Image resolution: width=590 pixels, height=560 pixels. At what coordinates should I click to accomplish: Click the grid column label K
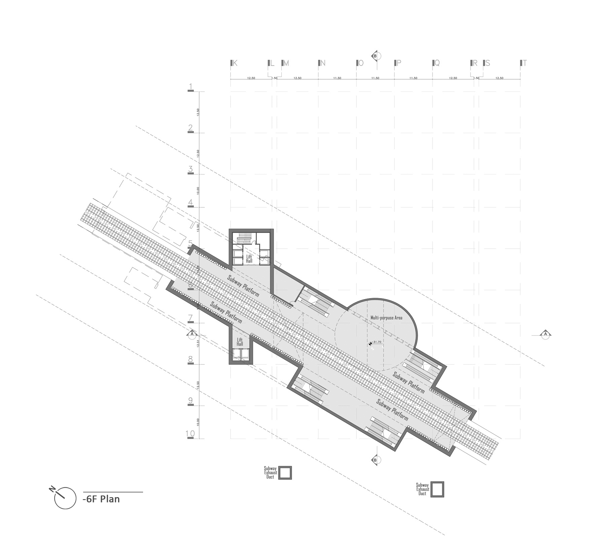235,63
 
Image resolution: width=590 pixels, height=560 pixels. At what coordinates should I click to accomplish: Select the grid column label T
524,63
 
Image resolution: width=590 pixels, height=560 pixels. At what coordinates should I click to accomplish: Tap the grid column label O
361,63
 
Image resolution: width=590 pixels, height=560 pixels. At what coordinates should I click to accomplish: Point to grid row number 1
191,87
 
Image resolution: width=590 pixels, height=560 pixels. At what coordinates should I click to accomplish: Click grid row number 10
190,434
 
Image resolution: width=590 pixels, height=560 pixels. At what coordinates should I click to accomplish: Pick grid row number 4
191,203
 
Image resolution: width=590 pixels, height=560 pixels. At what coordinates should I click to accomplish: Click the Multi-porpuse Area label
386,318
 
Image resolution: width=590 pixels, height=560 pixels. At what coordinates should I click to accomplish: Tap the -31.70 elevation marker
376,342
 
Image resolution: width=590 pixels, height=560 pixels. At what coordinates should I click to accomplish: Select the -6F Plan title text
101,499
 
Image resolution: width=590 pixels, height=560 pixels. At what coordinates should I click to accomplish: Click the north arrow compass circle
65,498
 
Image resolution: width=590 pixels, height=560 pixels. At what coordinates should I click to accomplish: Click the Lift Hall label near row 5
249,259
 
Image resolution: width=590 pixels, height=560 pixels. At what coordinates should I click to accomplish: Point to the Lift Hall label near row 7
240,342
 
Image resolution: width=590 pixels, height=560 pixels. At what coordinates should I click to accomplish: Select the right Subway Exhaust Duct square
437,489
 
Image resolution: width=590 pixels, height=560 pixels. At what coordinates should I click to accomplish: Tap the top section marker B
375,56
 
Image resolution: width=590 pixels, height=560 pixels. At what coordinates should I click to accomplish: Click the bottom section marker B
375,460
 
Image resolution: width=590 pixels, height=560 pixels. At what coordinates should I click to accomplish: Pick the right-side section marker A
545,334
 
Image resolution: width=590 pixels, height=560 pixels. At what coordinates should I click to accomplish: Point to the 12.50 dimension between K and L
251,78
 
